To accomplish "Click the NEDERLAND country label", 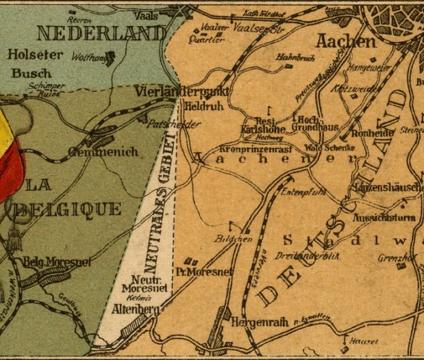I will pyautogui.click(x=101, y=34).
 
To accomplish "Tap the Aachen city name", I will pyautogui.click(x=346, y=41).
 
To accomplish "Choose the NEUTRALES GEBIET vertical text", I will pyautogui.click(x=162, y=199).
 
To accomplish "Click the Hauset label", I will pyautogui.click(x=364, y=341).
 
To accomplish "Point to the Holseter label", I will pyautogui.click(x=34, y=54).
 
